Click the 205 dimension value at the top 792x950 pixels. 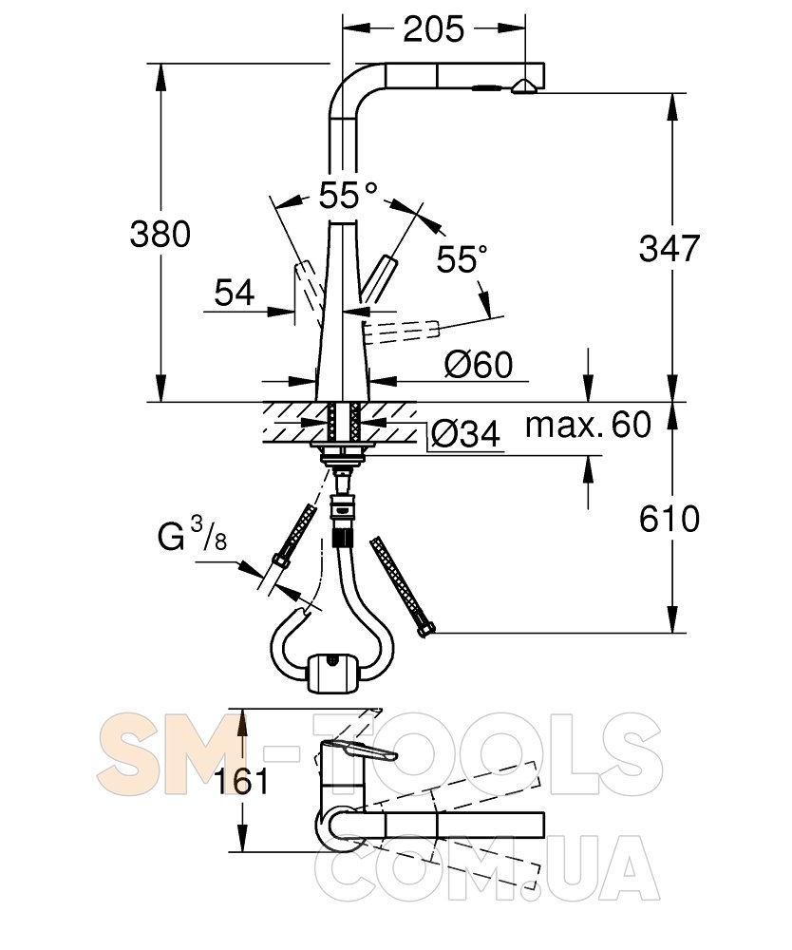(434, 28)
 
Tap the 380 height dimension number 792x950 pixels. (160, 234)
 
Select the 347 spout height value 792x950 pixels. (669, 248)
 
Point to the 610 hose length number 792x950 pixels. (669, 519)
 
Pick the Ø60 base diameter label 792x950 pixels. (479, 364)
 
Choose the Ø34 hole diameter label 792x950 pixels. (465, 434)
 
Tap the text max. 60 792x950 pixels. (588, 425)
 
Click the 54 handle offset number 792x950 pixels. (235, 293)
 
